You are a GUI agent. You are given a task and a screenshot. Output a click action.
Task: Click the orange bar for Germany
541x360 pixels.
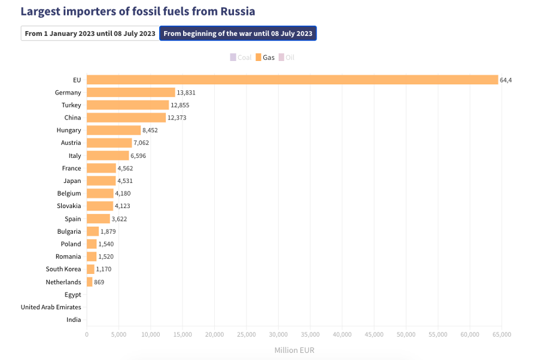(130, 93)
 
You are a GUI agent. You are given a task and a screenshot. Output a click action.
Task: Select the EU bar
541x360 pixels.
(292, 80)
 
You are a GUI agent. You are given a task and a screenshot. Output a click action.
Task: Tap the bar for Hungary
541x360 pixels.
(114, 130)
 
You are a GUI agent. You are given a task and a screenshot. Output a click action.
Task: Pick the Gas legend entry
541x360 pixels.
(265, 57)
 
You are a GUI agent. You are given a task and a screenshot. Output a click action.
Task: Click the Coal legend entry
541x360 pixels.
(241, 57)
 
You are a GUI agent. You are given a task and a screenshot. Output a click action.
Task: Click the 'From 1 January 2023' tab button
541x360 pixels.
(90, 33)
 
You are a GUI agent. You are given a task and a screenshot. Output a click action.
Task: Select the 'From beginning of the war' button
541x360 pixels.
(238, 33)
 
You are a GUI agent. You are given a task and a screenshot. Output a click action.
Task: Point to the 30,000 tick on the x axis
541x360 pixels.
(278, 334)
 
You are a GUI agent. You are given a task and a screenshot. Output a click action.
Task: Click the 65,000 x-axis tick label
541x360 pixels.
(502, 334)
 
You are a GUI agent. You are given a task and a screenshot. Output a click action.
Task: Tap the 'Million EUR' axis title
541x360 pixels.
(294, 350)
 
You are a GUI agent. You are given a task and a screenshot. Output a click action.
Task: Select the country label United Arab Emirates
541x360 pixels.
(51, 307)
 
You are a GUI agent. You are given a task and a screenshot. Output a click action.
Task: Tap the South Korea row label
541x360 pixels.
(63, 269)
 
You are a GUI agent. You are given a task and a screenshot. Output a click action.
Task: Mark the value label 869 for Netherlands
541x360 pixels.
(99, 282)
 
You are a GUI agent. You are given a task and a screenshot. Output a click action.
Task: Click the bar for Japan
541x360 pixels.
(101, 181)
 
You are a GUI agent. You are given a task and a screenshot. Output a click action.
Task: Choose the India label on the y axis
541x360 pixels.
(74, 320)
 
